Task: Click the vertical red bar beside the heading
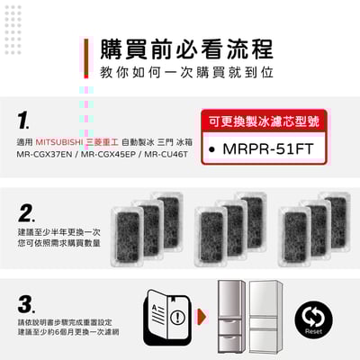click(x=87, y=59)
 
